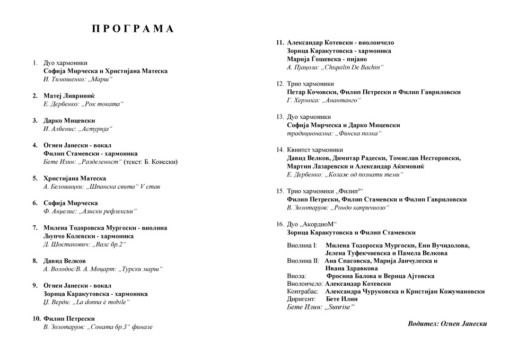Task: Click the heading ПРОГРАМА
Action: coord(133,29)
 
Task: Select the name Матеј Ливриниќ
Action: coord(69,95)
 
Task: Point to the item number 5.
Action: coord(35,178)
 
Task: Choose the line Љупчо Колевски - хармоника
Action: coord(89,236)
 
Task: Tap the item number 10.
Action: coord(36,319)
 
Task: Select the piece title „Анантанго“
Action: coord(338,100)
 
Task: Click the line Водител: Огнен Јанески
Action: coord(447,323)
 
